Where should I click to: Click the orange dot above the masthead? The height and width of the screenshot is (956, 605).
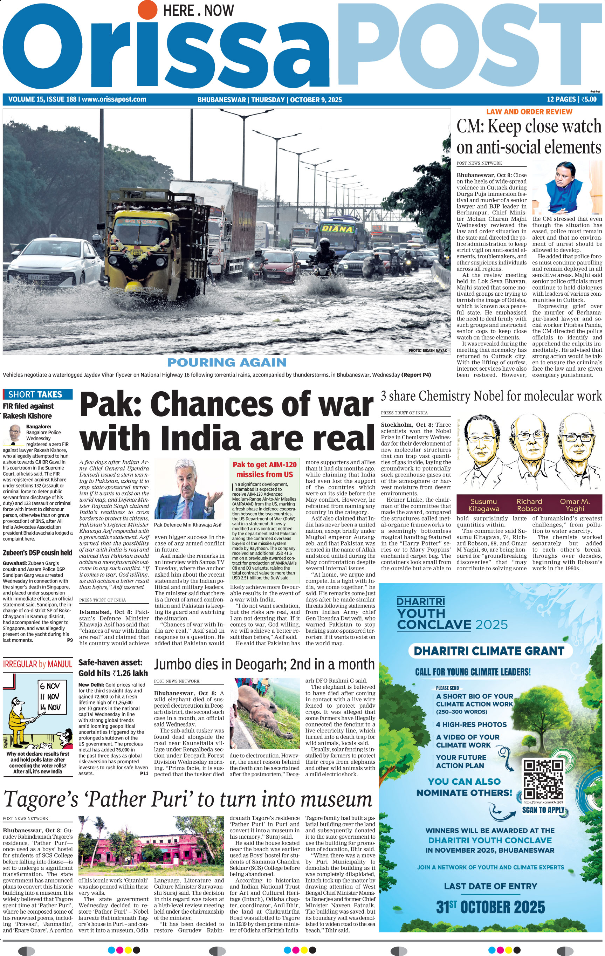click(x=147, y=11)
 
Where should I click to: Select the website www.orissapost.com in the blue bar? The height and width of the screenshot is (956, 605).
click(x=114, y=99)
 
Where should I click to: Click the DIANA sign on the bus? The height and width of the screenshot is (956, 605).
click(x=337, y=229)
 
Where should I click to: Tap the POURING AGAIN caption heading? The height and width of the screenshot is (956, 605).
click(x=227, y=363)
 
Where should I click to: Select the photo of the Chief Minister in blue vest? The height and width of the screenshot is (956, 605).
click(x=566, y=187)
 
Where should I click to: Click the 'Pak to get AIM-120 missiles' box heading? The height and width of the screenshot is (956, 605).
click(x=264, y=469)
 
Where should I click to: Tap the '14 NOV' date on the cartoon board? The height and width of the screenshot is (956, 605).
click(x=50, y=707)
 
